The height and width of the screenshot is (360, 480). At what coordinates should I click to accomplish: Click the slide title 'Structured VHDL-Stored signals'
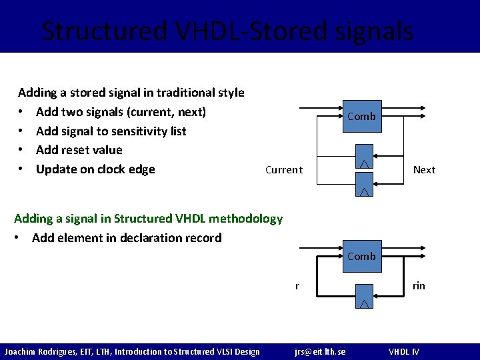tap(227, 31)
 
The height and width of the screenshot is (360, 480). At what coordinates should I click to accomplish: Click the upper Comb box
tap(361, 116)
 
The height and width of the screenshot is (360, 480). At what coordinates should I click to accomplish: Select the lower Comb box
tap(361, 257)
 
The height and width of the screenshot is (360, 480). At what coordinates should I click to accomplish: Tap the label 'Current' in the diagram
tap(283, 170)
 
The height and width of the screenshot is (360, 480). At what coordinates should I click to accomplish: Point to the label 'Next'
tap(424, 170)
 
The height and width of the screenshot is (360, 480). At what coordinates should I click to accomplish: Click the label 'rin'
tap(419, 286)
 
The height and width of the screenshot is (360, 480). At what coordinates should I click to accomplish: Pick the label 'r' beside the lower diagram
tap(297, 286)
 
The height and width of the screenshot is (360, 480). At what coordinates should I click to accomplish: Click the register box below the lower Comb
tap(364, 295)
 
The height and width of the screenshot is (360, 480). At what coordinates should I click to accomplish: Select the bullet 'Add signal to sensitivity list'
tap(111, 131)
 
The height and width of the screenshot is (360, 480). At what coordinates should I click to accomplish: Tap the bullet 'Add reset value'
tap(79, 150)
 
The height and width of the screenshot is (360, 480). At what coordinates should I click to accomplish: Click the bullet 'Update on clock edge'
tap(95, 169)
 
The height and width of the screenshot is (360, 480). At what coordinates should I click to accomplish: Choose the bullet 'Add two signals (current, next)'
tap(121, 112)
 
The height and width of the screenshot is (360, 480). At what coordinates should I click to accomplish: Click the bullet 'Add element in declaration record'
tap(127, 238)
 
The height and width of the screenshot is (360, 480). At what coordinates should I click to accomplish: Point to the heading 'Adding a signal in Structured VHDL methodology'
tap(148, 219)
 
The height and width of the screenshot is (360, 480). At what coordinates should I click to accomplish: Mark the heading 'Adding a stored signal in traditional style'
tap(131, 93)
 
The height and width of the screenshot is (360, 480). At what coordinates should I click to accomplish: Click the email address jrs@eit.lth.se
tap(320, 351)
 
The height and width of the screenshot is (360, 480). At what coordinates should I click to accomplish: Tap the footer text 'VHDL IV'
tap(404, 351)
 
